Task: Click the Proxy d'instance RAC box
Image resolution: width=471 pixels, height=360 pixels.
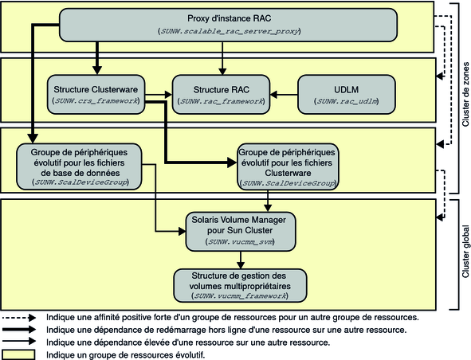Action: tap(228, 25)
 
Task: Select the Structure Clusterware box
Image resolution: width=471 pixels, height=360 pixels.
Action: tap(96, 94)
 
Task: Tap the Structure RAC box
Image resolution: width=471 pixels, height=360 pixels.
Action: tap(221, 94)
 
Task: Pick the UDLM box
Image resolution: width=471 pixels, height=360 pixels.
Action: tap(347, 94)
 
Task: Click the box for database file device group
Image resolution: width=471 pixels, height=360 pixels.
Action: tap(79, 166)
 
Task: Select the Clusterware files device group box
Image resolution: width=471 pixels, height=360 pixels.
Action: tap(288, 166)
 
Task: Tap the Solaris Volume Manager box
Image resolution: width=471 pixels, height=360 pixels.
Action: tap(241, 232)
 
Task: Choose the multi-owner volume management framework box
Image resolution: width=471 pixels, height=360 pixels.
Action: tap(240, 286)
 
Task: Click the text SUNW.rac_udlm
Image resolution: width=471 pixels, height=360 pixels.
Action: tap(347, 101)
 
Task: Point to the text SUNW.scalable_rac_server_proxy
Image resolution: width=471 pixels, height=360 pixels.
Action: tap(230, 31)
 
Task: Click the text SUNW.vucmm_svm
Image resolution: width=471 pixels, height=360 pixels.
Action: tap(241, 241)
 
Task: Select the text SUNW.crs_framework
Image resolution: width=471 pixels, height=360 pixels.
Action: tap(96, 101)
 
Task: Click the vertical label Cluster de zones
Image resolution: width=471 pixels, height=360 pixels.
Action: tap(465, 94)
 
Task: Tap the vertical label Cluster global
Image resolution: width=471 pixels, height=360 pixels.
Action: tap(465, 252)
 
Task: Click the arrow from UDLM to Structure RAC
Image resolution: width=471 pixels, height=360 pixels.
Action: tap(284, 95)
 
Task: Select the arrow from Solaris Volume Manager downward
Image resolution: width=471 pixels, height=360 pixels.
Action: tap(241, 260)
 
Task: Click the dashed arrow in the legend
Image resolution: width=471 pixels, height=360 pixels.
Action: tap(19, 317)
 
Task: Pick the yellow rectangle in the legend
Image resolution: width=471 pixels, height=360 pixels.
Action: tap(18, 354)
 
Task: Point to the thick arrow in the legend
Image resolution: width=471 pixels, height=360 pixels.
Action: tap(19, 330)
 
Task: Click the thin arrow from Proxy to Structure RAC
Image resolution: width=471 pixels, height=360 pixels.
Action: tap(222, 58)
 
